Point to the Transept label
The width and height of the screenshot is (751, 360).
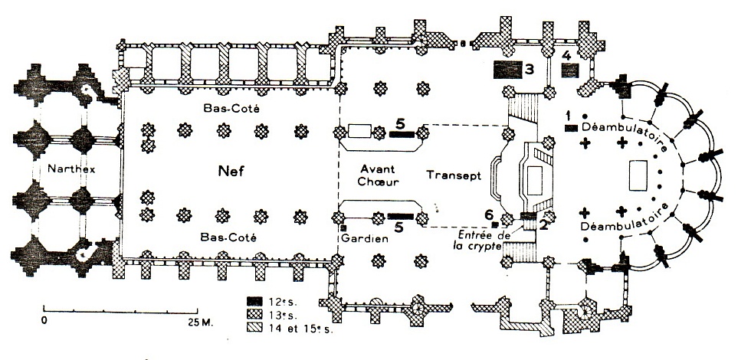pos(453,174)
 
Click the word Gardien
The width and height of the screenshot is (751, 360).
pos(363,238)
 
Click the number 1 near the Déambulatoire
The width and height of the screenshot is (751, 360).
pos(569,115)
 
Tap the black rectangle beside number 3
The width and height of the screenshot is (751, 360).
pos(506,70)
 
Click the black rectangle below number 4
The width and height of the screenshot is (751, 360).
pos(569,70)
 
